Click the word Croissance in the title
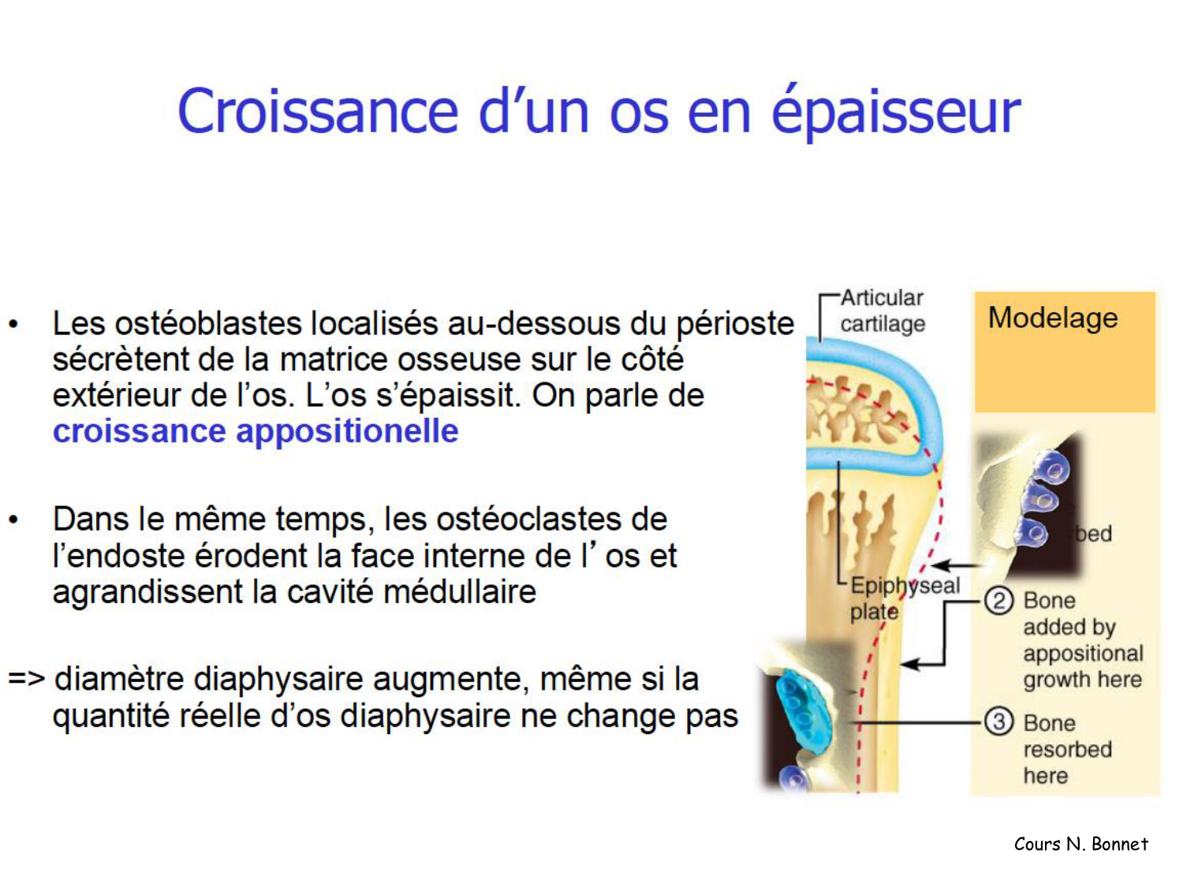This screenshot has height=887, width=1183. [x=317, y=111]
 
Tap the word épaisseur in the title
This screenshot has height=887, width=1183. [x=895, y=113]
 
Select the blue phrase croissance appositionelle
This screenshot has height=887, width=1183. [x=256, y=431]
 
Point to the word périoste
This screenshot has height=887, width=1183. [x=735, y=324]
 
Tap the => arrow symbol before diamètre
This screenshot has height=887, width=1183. [x=26, y=678]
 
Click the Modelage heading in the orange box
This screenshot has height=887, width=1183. [x=1053, y=318]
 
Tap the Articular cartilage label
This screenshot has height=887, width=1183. [x=882, y=311]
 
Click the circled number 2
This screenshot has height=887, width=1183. [x=998, y=601]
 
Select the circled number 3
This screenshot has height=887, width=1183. [x=998, y=721]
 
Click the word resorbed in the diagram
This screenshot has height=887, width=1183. [x=1067, y=749]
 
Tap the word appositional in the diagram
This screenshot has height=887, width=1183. [x=1083, y=654]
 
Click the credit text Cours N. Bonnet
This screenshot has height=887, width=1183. [x=1080, y=844]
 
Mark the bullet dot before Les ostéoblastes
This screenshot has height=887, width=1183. [x=13, y=324]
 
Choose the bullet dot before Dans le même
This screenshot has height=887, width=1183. [x=13, y=520]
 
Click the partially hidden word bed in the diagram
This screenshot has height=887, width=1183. [x=1095, y=534]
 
